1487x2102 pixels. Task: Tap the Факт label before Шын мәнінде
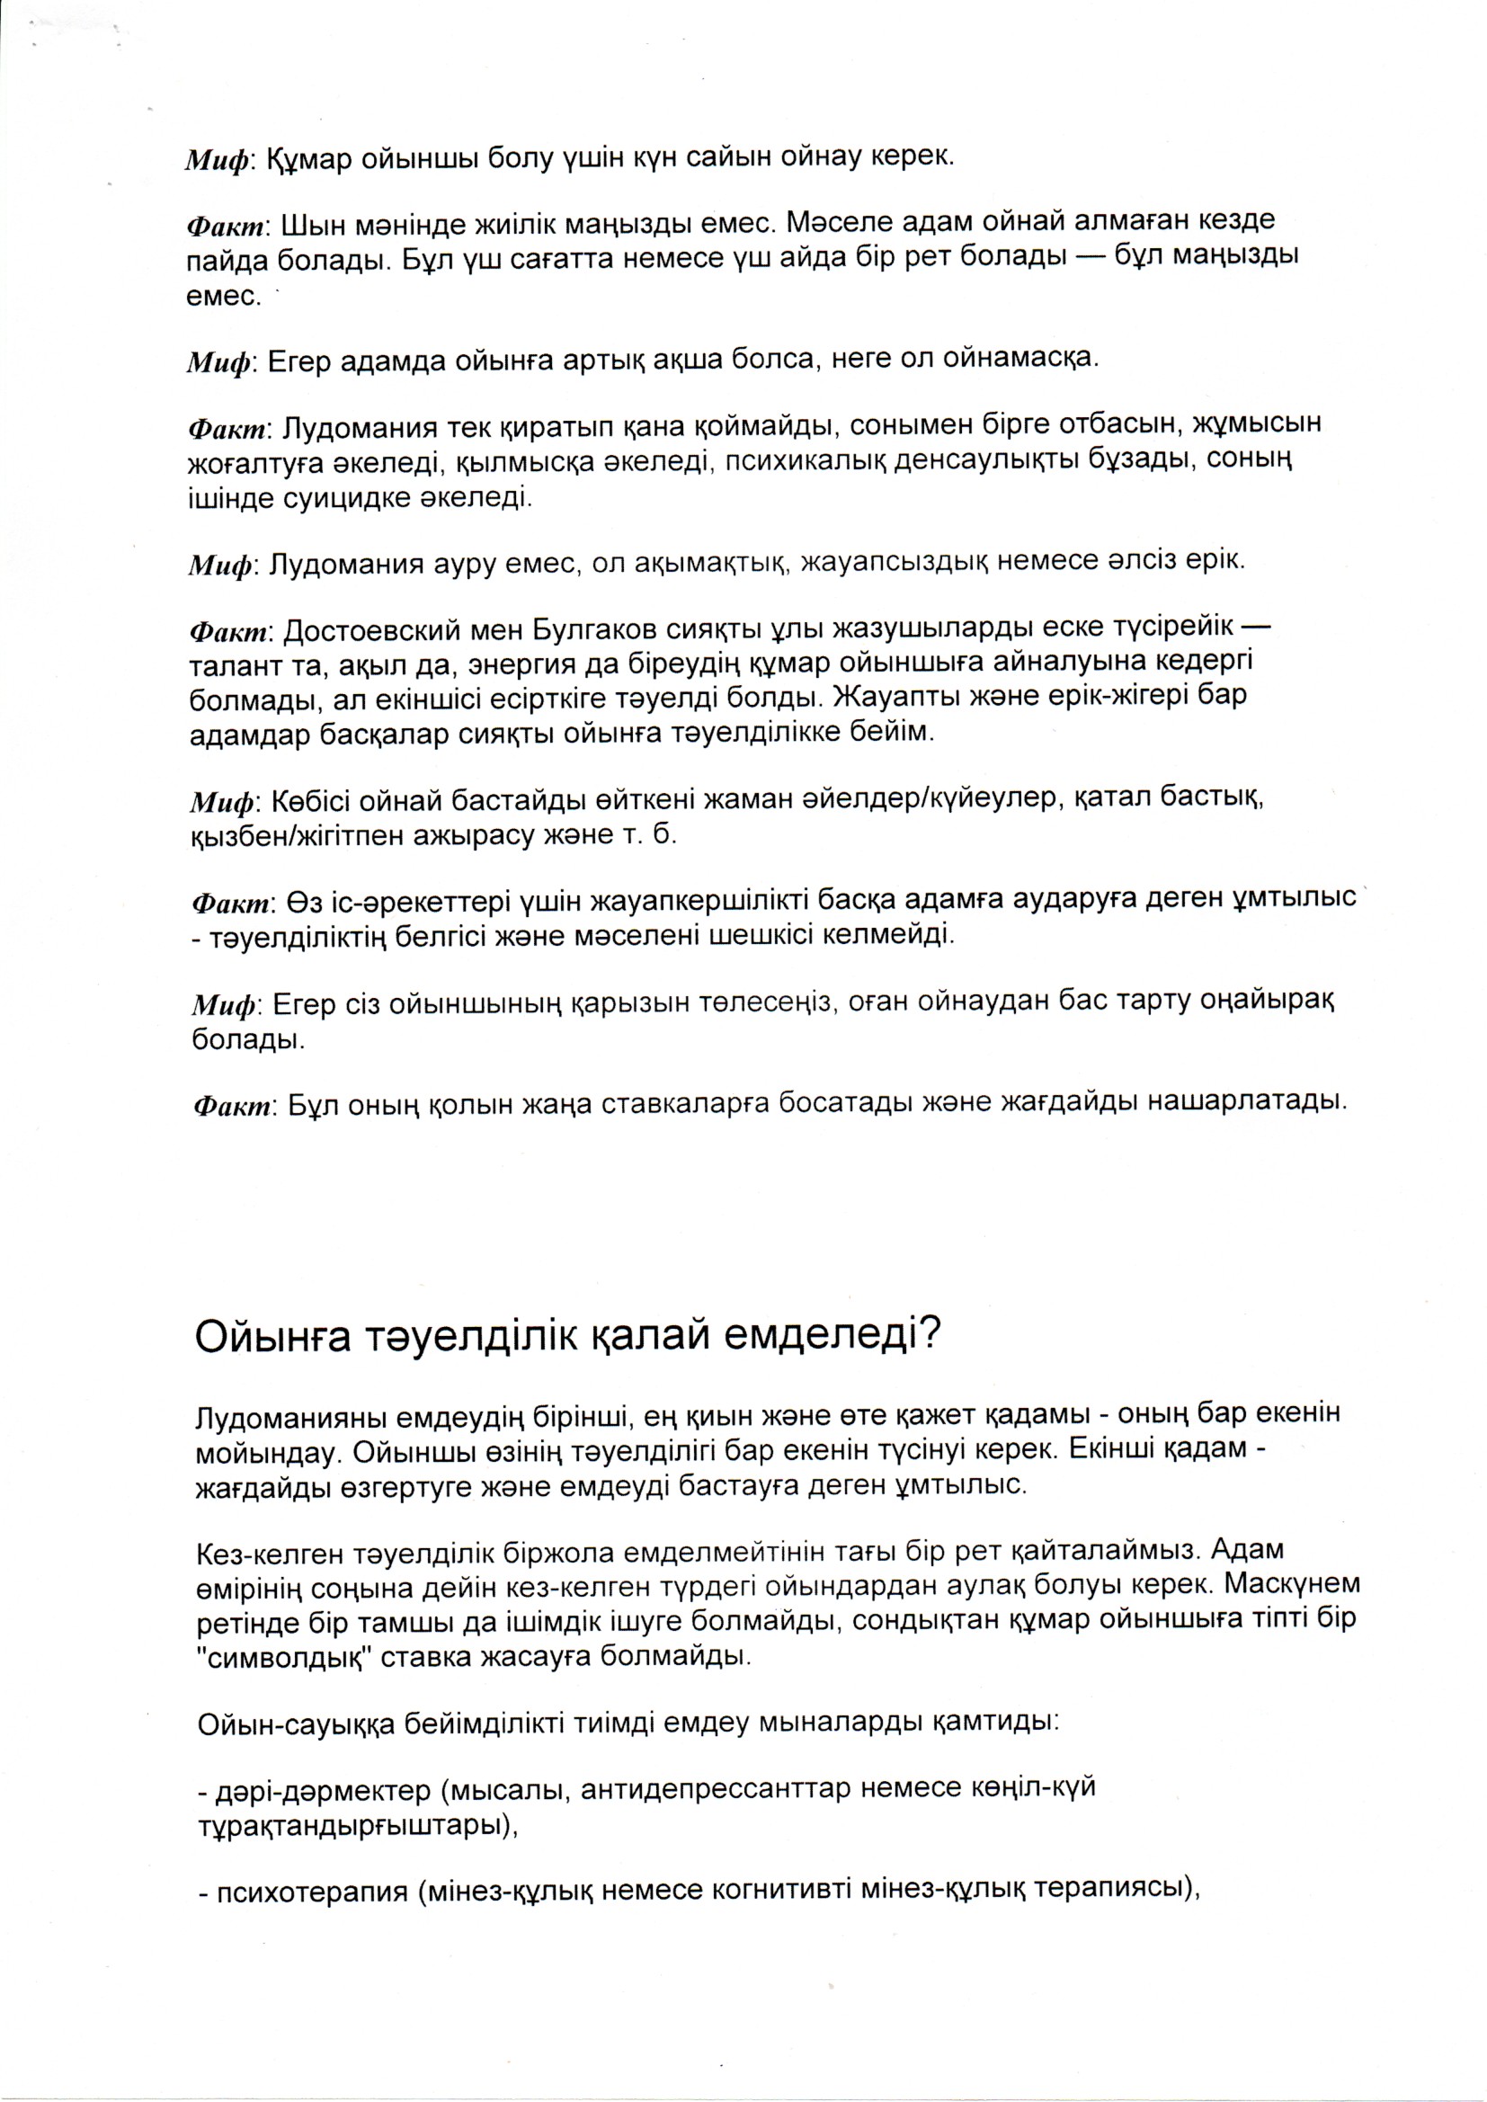coord(227,224)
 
